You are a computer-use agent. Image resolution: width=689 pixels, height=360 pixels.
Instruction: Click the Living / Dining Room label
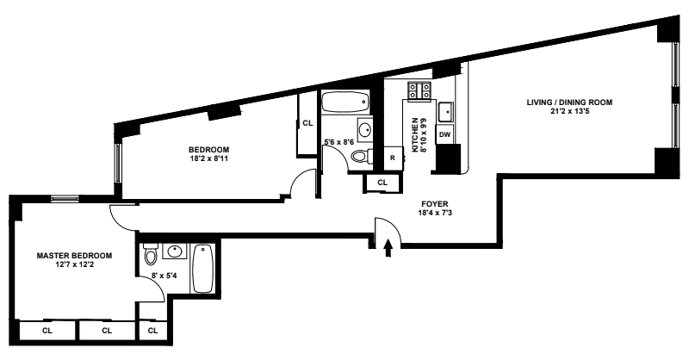point(569,102)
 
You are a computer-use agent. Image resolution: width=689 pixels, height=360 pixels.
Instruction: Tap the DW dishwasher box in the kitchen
point(445,134)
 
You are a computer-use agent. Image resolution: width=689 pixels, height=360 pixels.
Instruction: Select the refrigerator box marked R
point(392,158)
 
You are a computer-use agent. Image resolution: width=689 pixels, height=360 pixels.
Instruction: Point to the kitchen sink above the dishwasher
point(446,112)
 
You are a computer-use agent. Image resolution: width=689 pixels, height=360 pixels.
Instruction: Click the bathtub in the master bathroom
point(203,270)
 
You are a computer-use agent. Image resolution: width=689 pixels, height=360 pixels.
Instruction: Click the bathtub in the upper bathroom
point(344,104)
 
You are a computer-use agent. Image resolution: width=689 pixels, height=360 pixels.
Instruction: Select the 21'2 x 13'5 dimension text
point(569,111)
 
